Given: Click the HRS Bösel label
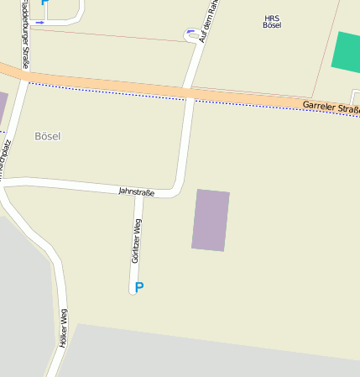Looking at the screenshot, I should pos(272,22).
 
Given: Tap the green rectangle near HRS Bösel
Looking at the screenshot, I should pos(346,52).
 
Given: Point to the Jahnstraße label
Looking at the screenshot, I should pos(136,192).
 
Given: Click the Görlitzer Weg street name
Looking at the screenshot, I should pos(137,241).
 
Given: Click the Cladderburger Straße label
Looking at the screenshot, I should pos(26,38).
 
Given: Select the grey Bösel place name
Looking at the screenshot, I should pos(48,136).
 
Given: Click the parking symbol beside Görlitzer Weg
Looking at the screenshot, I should pos(139,287).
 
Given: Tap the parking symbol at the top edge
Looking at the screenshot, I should pos(44,3).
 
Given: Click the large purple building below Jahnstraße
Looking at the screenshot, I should pos(211,220).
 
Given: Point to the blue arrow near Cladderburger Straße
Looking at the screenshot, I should pos(40,22).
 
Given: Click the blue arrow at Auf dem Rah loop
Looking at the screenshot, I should pos(190,32).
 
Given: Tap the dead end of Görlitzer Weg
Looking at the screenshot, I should pos(133,291).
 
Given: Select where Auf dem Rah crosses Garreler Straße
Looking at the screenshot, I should pos(190,92).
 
